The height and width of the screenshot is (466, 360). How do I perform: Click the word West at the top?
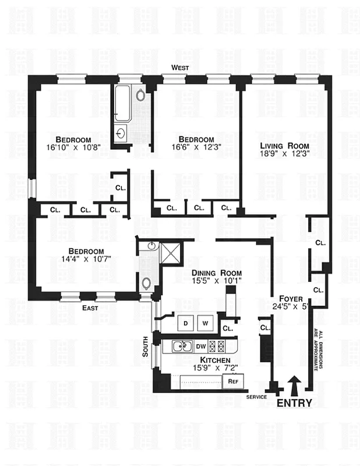coord(180,68)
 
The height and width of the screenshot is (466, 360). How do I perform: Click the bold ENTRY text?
coord(294,403)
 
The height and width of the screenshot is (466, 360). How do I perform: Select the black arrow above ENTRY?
coord(294,386)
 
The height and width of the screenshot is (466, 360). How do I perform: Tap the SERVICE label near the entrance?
coord(256,397)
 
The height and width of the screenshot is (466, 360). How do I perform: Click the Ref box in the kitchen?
coord(232,382)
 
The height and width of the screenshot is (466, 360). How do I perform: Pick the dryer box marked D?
coord(186,323)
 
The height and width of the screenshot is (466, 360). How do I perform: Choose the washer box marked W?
coord(205,323)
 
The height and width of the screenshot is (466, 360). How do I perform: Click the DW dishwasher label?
coord(201,347)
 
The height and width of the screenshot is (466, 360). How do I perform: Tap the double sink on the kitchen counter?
coord(183,347)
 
